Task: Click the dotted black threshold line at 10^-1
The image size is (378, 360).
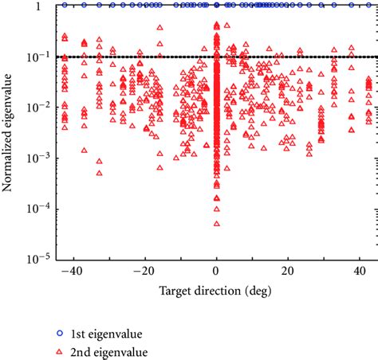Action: (x=303, y=57)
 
